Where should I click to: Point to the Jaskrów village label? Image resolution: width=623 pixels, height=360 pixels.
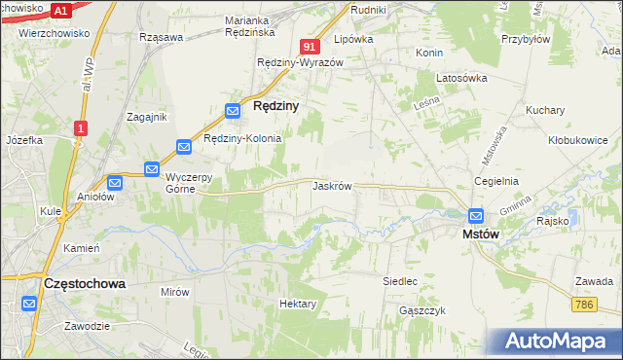(332, 185)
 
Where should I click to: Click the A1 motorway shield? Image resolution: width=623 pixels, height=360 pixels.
(60, 11)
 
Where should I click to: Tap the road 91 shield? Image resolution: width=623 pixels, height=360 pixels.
(310, 46)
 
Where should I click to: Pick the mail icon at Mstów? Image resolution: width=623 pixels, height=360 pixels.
(476, 216)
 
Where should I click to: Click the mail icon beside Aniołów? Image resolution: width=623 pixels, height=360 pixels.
(115, 182)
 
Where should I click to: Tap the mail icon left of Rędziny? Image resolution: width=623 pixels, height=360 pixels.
(234, 111)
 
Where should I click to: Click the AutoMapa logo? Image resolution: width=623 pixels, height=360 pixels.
(560, 342)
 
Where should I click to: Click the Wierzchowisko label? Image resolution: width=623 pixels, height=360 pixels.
(54, 32)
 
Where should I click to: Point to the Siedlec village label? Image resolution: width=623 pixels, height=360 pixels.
(400, 280)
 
